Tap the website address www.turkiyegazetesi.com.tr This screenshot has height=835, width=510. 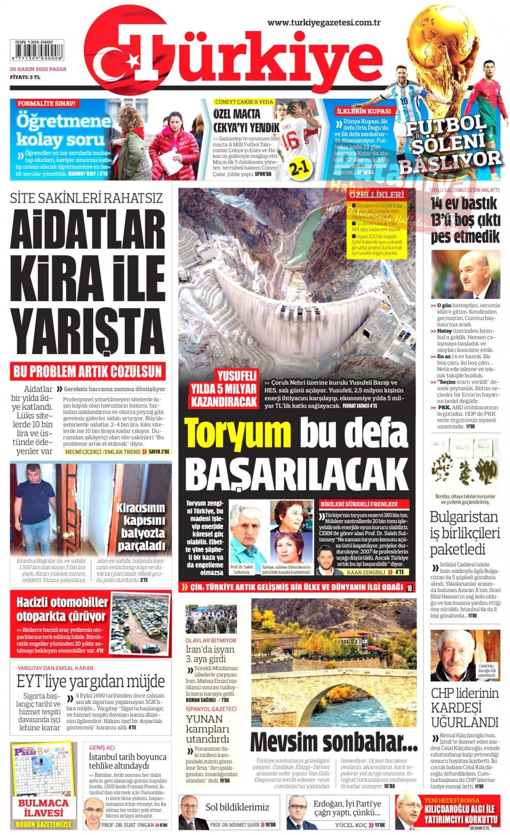tap(324, 23)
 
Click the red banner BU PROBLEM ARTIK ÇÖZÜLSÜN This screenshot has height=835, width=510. tap(87, 371)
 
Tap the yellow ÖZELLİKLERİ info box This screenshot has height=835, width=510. tap(376, 223)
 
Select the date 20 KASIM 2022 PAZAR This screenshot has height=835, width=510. tap(38, 69)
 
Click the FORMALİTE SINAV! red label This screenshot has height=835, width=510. tap(47, 104)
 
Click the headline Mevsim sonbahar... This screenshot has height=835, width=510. tap(334, 742)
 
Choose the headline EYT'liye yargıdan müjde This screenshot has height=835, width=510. tap(91, 682)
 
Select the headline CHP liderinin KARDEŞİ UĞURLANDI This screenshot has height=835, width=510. tap(464, 707)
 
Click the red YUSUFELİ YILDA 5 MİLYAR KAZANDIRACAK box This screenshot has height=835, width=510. tap(224, 389)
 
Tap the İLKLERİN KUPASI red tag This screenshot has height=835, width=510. tap(364, 111)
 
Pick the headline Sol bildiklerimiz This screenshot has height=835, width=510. tap(237, 807)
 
